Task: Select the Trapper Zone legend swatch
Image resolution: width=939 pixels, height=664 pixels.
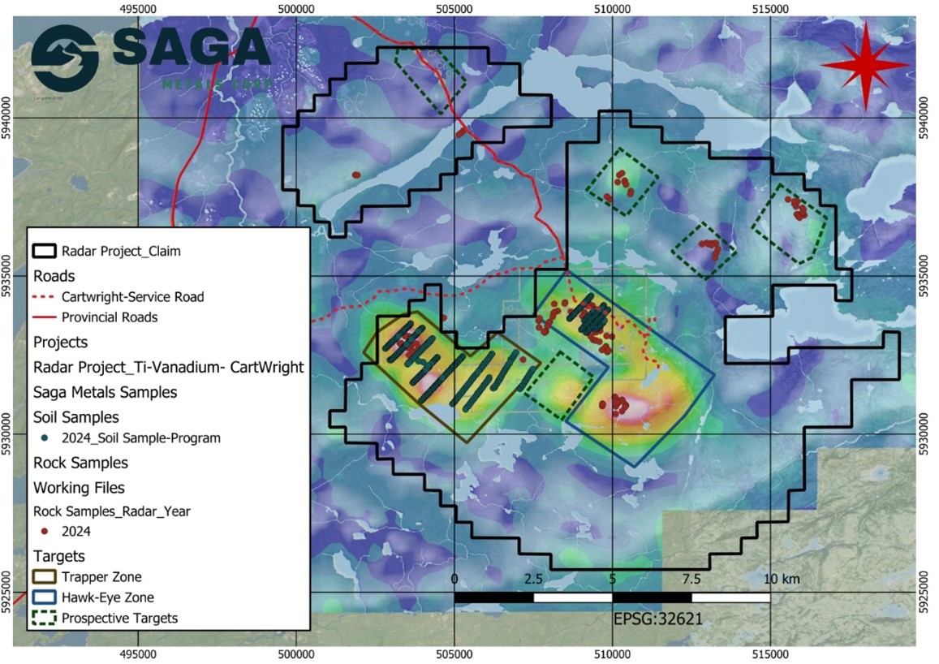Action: click(45, 577)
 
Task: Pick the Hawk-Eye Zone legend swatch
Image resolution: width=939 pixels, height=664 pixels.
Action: click(45, 597)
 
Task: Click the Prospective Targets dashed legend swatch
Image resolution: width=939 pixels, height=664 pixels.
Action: click(45, 619)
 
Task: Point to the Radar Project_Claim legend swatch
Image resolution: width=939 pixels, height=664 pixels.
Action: click(45, 251)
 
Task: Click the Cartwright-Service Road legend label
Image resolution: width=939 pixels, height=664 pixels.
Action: click(132, 297)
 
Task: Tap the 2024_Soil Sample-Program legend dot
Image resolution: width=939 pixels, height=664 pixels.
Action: click(44, 438)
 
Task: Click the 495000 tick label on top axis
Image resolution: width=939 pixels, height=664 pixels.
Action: click(139, 8)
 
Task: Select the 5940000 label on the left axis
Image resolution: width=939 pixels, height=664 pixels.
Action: click(7, 119)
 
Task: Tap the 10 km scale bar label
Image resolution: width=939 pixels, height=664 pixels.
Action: click(781, 579)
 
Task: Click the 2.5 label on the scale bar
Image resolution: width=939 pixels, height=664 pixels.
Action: click(533, 579)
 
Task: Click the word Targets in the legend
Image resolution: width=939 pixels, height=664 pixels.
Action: click(59, 556)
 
